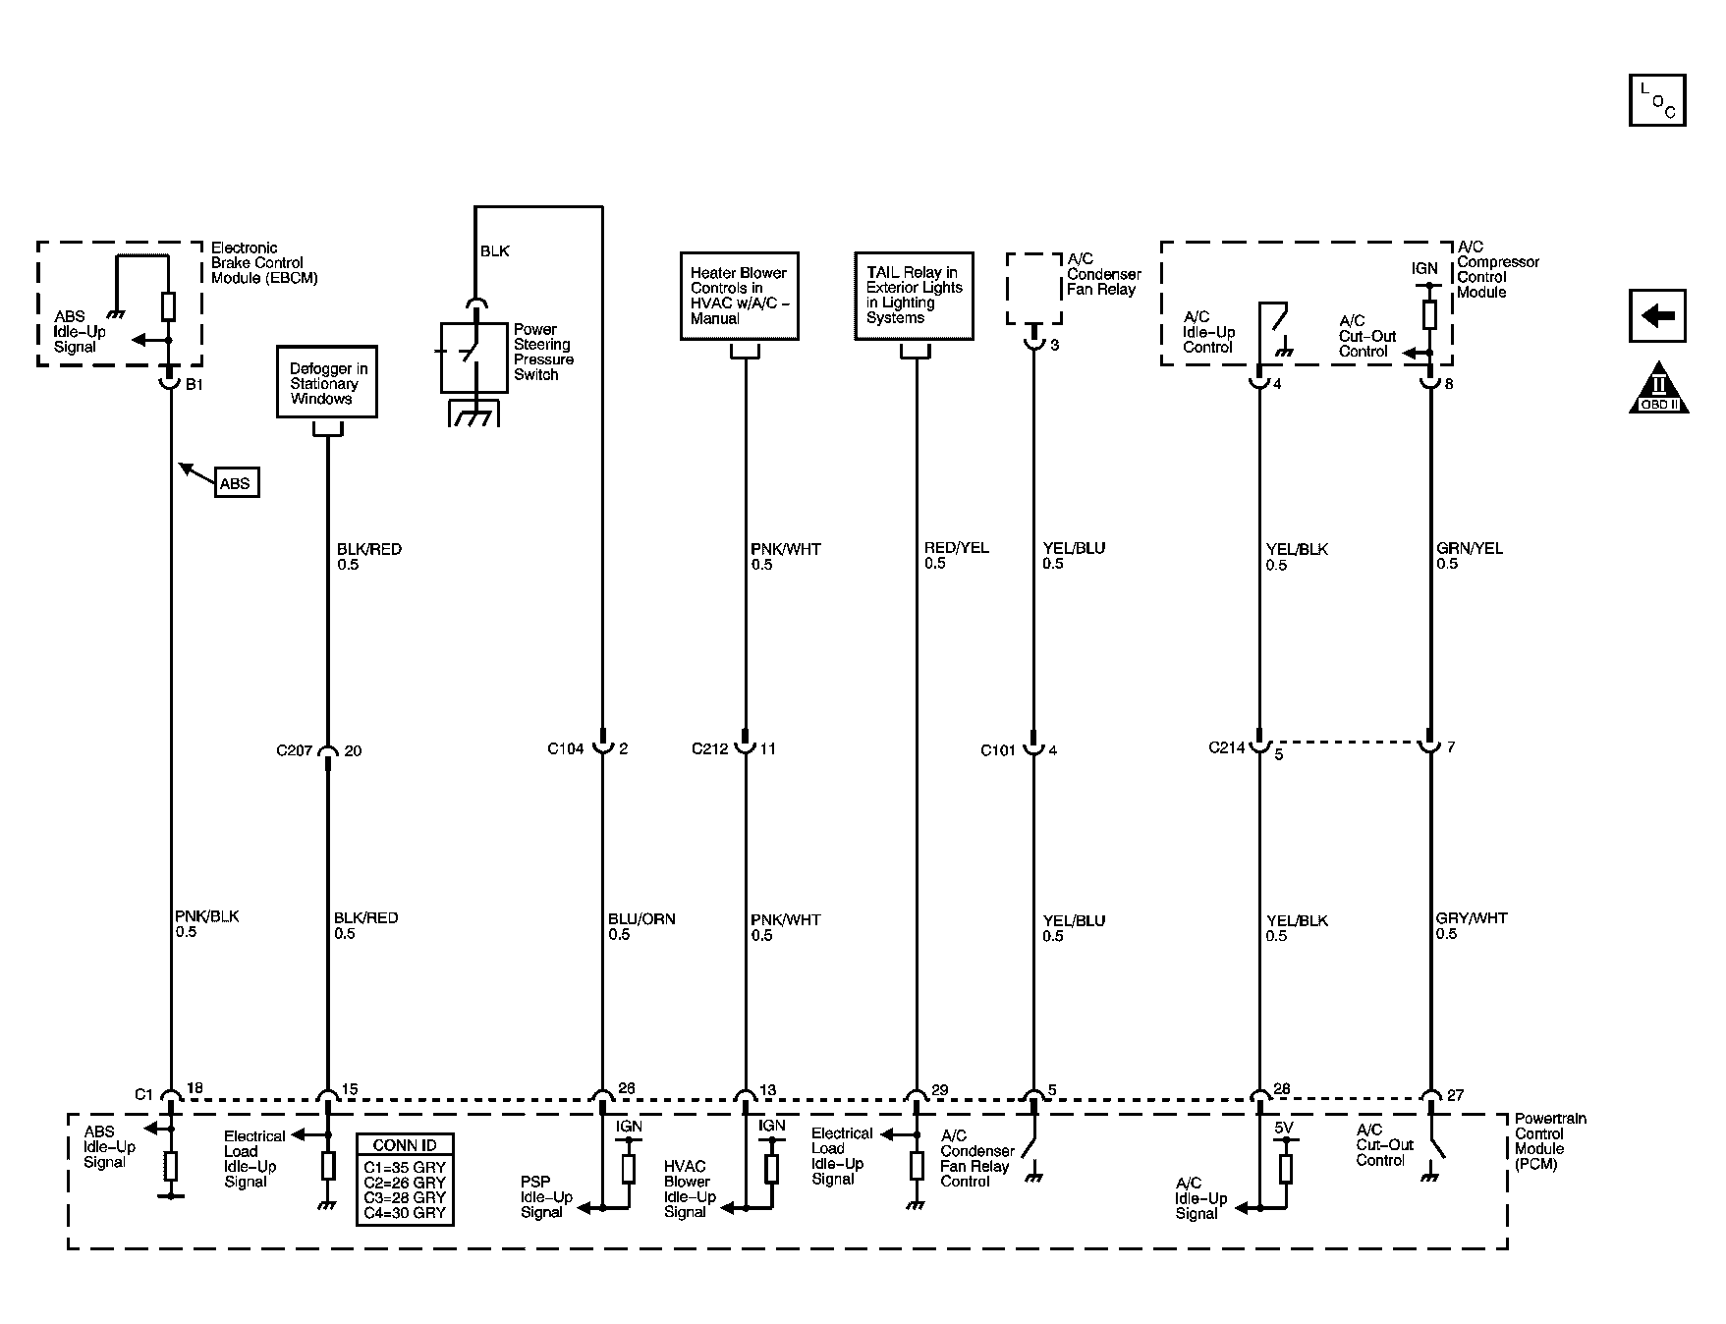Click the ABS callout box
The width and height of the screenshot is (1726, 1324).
coord(236,483)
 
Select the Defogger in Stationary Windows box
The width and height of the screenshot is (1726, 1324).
coord(327,382)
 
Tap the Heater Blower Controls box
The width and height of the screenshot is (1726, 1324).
coord(739,296)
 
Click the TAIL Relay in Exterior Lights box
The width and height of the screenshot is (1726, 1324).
coord(914,296)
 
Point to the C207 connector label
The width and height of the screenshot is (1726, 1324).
coord(294,751)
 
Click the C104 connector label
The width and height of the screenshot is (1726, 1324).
coord(565,749)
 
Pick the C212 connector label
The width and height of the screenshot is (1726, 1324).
coord(709,749)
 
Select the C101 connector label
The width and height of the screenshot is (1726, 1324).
coord(998,751)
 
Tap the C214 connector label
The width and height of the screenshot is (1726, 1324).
coord(1226,747)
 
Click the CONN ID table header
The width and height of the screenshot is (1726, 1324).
coord(405,1145)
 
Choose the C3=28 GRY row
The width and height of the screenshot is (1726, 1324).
coord(405,1197)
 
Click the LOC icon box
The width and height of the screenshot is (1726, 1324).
coord(1657,100)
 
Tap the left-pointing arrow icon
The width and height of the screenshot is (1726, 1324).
coord(1657,315)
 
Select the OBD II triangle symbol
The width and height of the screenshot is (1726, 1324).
coord(1658,390)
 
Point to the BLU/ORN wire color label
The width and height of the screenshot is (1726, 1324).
coord(641,919)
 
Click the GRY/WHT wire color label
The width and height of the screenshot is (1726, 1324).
coord(1471,918)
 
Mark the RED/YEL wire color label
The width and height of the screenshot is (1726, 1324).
coord(956,548)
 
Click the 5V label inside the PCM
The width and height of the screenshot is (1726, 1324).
coord(1284,1129)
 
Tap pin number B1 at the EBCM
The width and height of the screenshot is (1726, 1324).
coord(195,385)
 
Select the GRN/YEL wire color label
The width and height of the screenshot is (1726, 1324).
coord(1469,548)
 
